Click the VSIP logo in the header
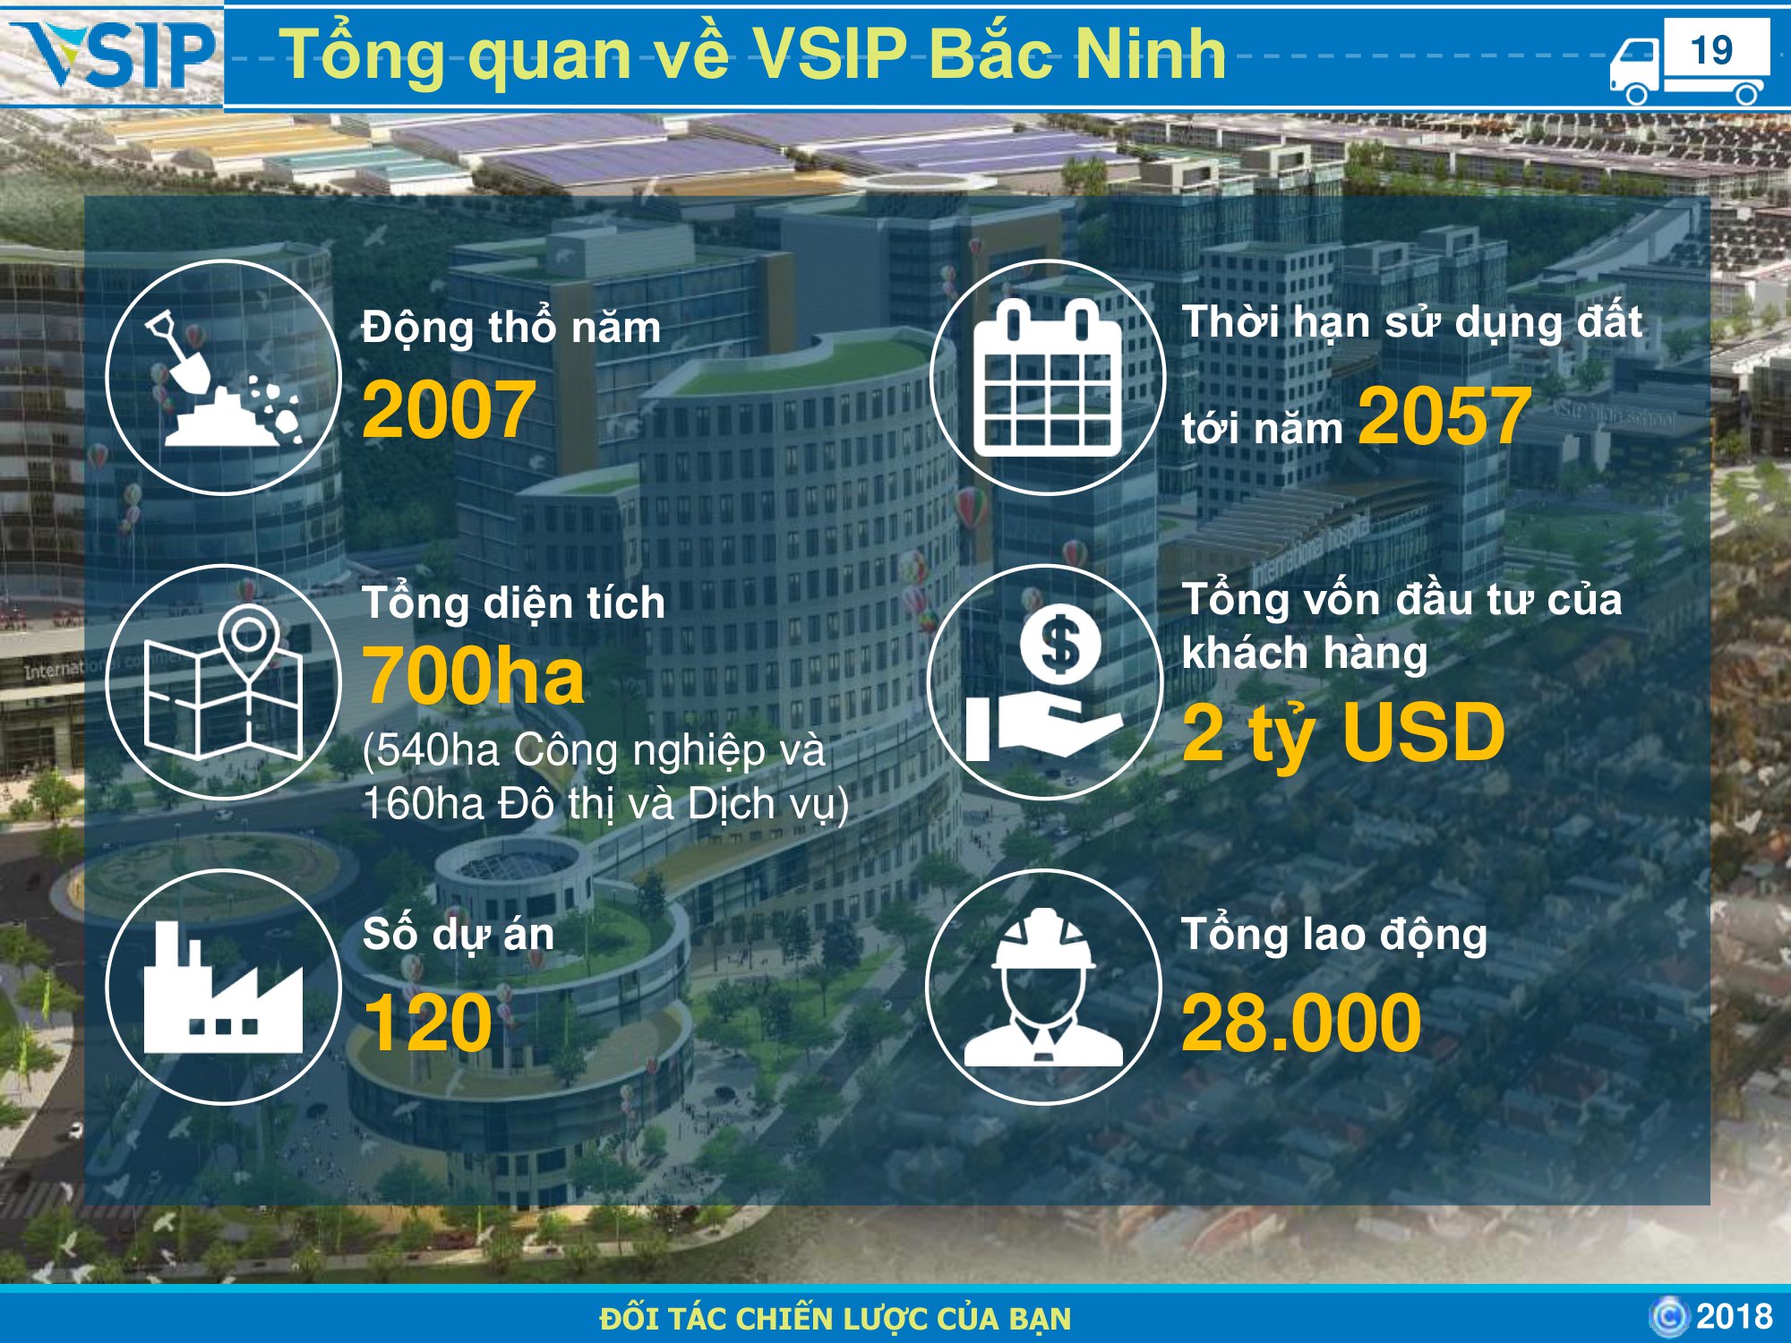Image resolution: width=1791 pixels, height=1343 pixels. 113,56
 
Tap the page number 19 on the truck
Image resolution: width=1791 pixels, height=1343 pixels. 1711,50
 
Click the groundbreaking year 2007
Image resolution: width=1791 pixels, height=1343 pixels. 449,409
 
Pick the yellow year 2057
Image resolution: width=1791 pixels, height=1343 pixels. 1444,415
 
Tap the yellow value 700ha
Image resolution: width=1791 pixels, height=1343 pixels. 474,676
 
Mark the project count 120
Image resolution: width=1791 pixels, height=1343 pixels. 428,1022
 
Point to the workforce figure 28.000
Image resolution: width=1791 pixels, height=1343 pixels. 1301,1022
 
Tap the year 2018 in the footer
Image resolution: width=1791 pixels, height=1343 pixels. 1735,1316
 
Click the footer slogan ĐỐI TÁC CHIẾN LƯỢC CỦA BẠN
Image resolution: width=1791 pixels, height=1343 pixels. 836,1318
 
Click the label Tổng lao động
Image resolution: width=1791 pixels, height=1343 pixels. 1334,935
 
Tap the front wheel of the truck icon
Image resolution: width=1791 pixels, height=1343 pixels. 1636,94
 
